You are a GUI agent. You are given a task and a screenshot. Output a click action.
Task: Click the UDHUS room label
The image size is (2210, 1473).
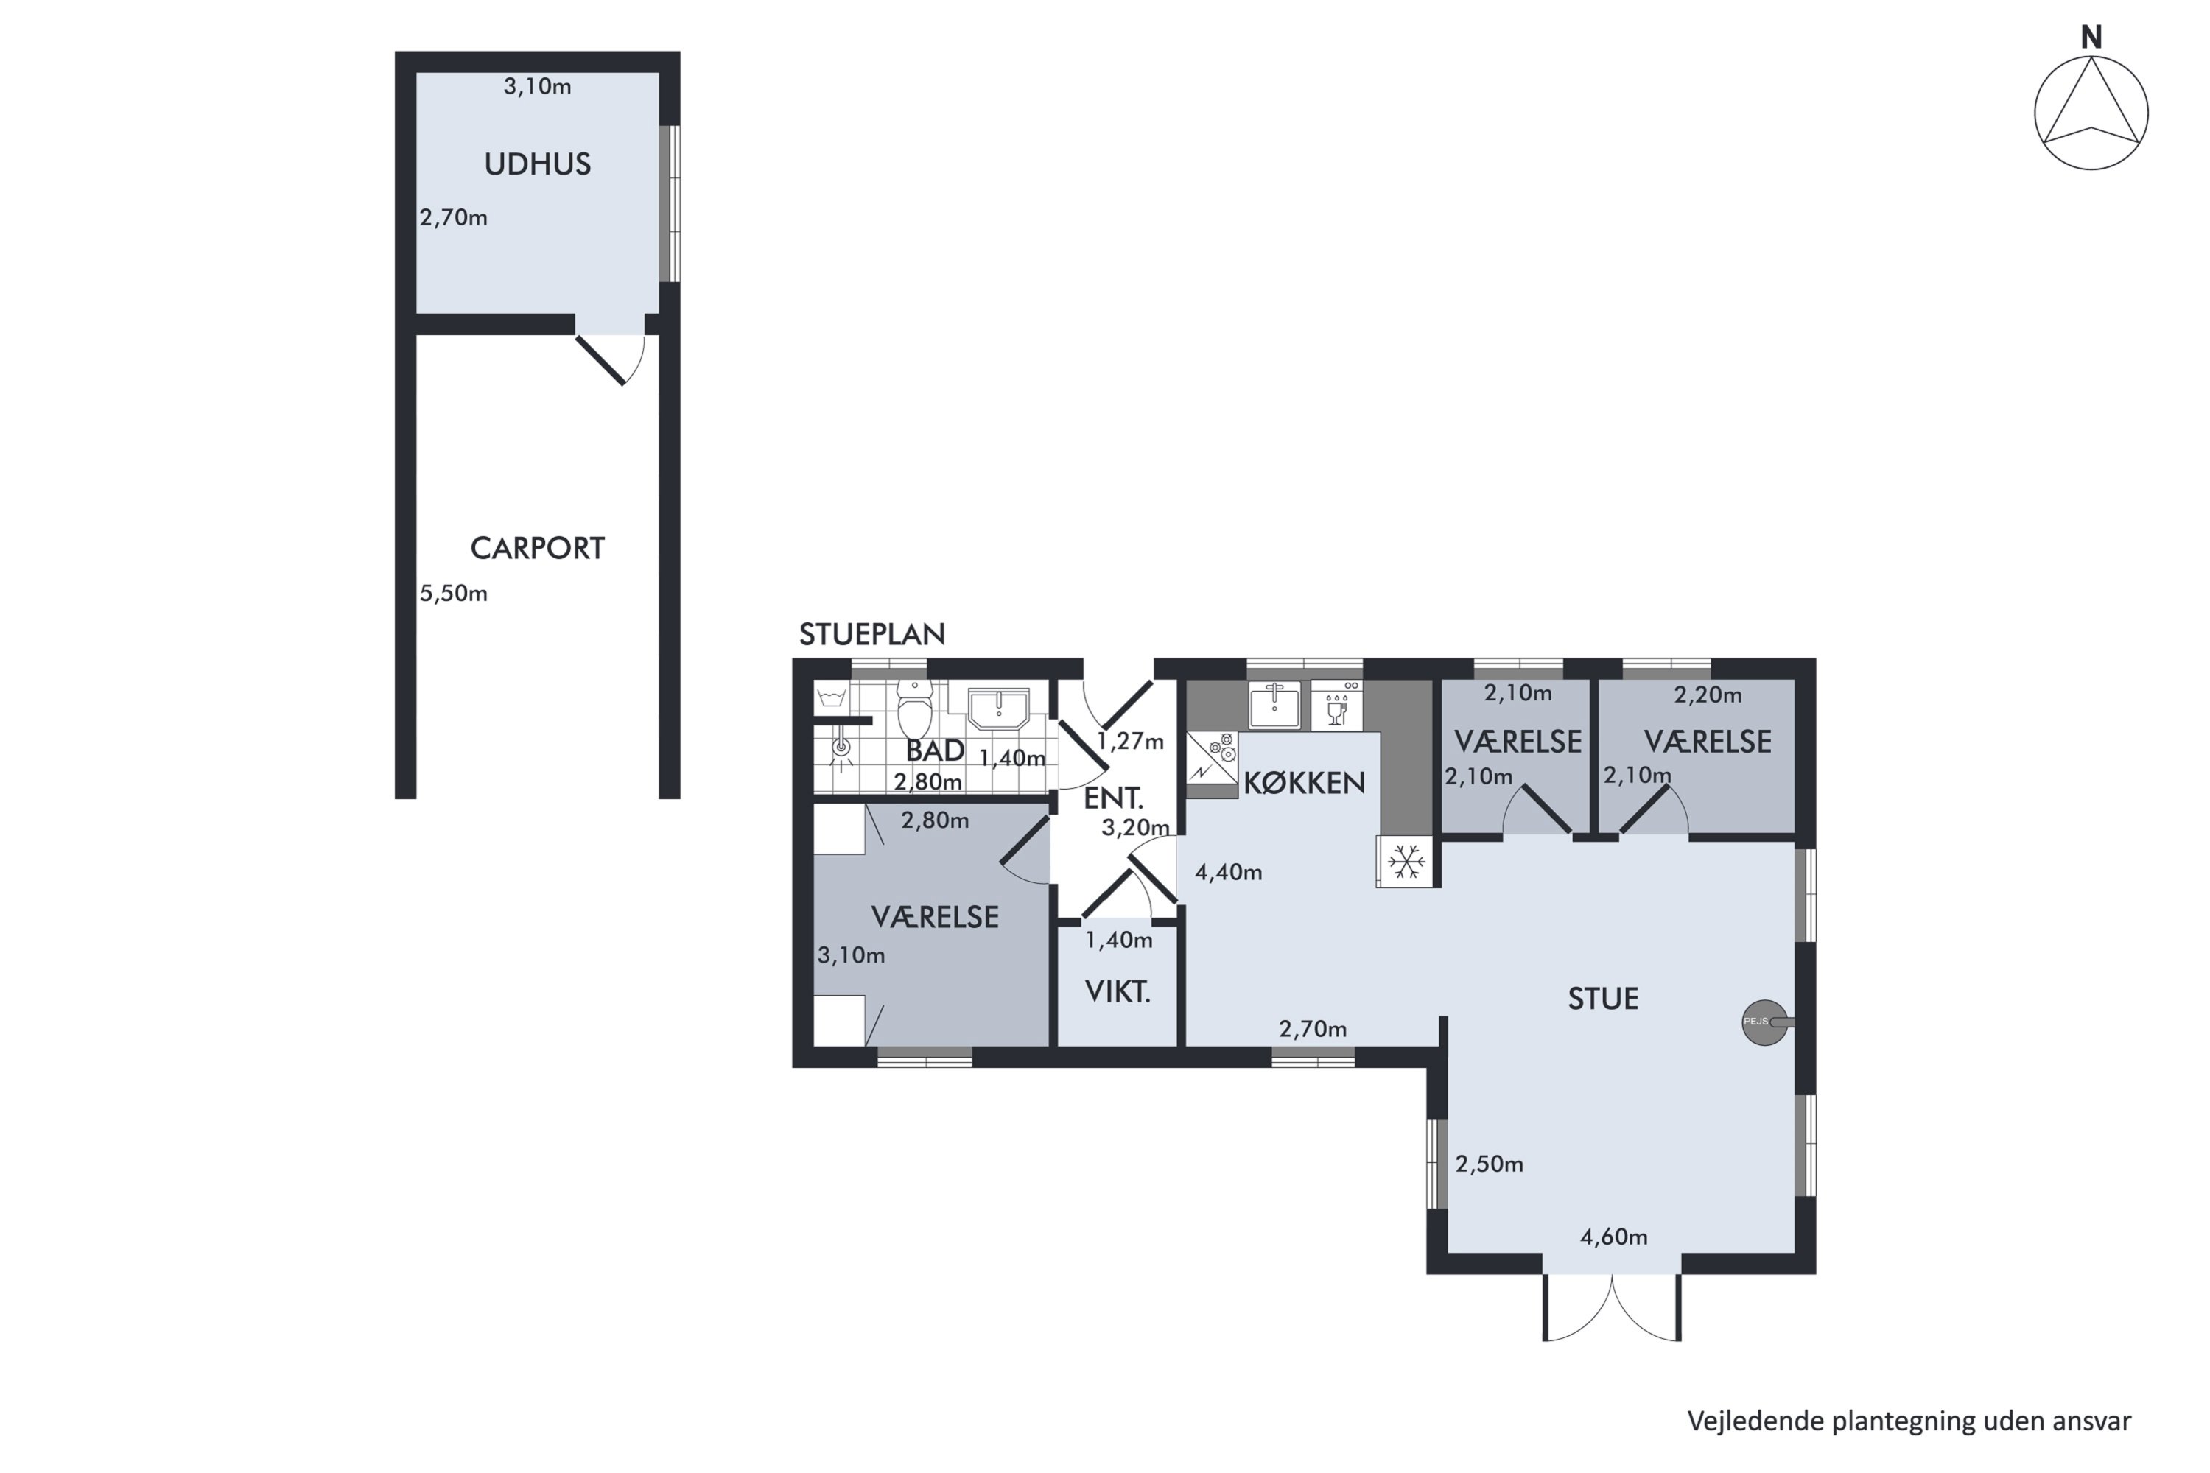click(x=538, y=164)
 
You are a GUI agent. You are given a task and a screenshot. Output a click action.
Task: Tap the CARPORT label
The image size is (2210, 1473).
click(x=538, y=548)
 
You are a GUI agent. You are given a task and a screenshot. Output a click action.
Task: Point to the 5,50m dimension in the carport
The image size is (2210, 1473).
click(x=454, y=594)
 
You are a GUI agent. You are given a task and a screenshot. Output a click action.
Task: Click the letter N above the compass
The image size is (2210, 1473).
click(x=2091, y=38)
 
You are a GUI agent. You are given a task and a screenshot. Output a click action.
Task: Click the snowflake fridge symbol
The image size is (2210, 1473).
click(x=1406, y=862)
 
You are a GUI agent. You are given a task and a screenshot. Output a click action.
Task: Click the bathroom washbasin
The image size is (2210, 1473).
click(x=999, y=707)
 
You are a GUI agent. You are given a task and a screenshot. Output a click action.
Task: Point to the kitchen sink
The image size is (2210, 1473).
click(x=1275, y=705)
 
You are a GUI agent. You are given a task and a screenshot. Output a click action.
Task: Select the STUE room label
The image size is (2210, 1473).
click(x=1603, y=999)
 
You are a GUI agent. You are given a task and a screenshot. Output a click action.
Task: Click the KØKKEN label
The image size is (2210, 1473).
click(x=1304, y=784)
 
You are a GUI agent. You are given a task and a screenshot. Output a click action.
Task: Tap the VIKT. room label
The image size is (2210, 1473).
click(x=1118, y=992)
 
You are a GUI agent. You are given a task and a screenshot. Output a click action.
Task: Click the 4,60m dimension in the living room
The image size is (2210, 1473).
click(x=1614, y=1237)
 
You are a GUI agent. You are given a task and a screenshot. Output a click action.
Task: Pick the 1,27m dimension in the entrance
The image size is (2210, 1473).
click(x=1130, y=742)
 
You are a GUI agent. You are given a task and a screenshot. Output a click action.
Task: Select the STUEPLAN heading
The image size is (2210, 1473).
click(x=872, y=635)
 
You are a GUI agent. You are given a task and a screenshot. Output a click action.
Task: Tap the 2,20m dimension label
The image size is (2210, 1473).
click(x=1708, y=695)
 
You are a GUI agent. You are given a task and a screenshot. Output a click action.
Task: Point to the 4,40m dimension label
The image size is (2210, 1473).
click(x=1229, y=873)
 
